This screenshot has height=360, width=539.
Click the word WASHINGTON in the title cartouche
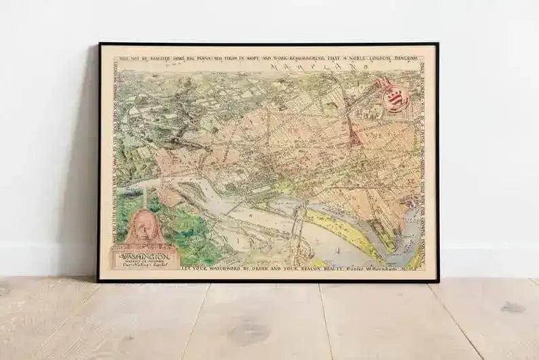point(145,258)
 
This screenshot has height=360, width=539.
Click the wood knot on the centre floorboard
point(249,334)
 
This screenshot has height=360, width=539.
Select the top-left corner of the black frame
point(100,44)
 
